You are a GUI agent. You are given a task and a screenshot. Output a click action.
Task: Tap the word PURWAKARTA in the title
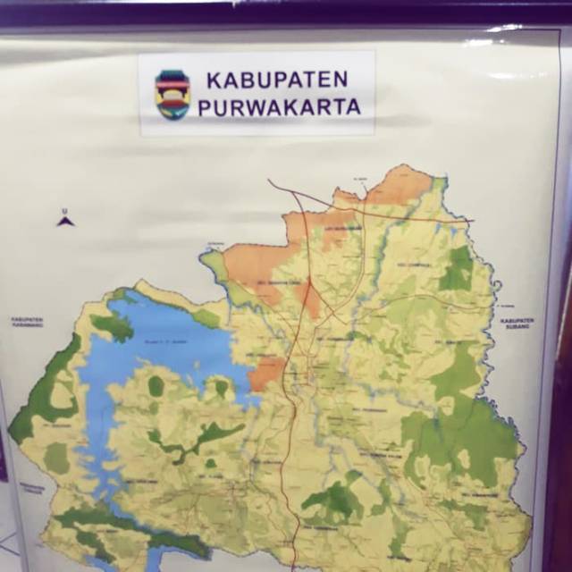279,107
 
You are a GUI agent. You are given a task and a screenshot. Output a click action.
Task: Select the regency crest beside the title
172,95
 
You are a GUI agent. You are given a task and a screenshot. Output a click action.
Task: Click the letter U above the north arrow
64,211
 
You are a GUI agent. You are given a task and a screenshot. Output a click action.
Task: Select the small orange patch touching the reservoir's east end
267,375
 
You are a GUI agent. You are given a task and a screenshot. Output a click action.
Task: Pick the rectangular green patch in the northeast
458,268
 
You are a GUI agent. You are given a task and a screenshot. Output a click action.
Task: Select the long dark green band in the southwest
116,527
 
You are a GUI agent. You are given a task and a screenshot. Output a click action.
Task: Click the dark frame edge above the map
286,13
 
